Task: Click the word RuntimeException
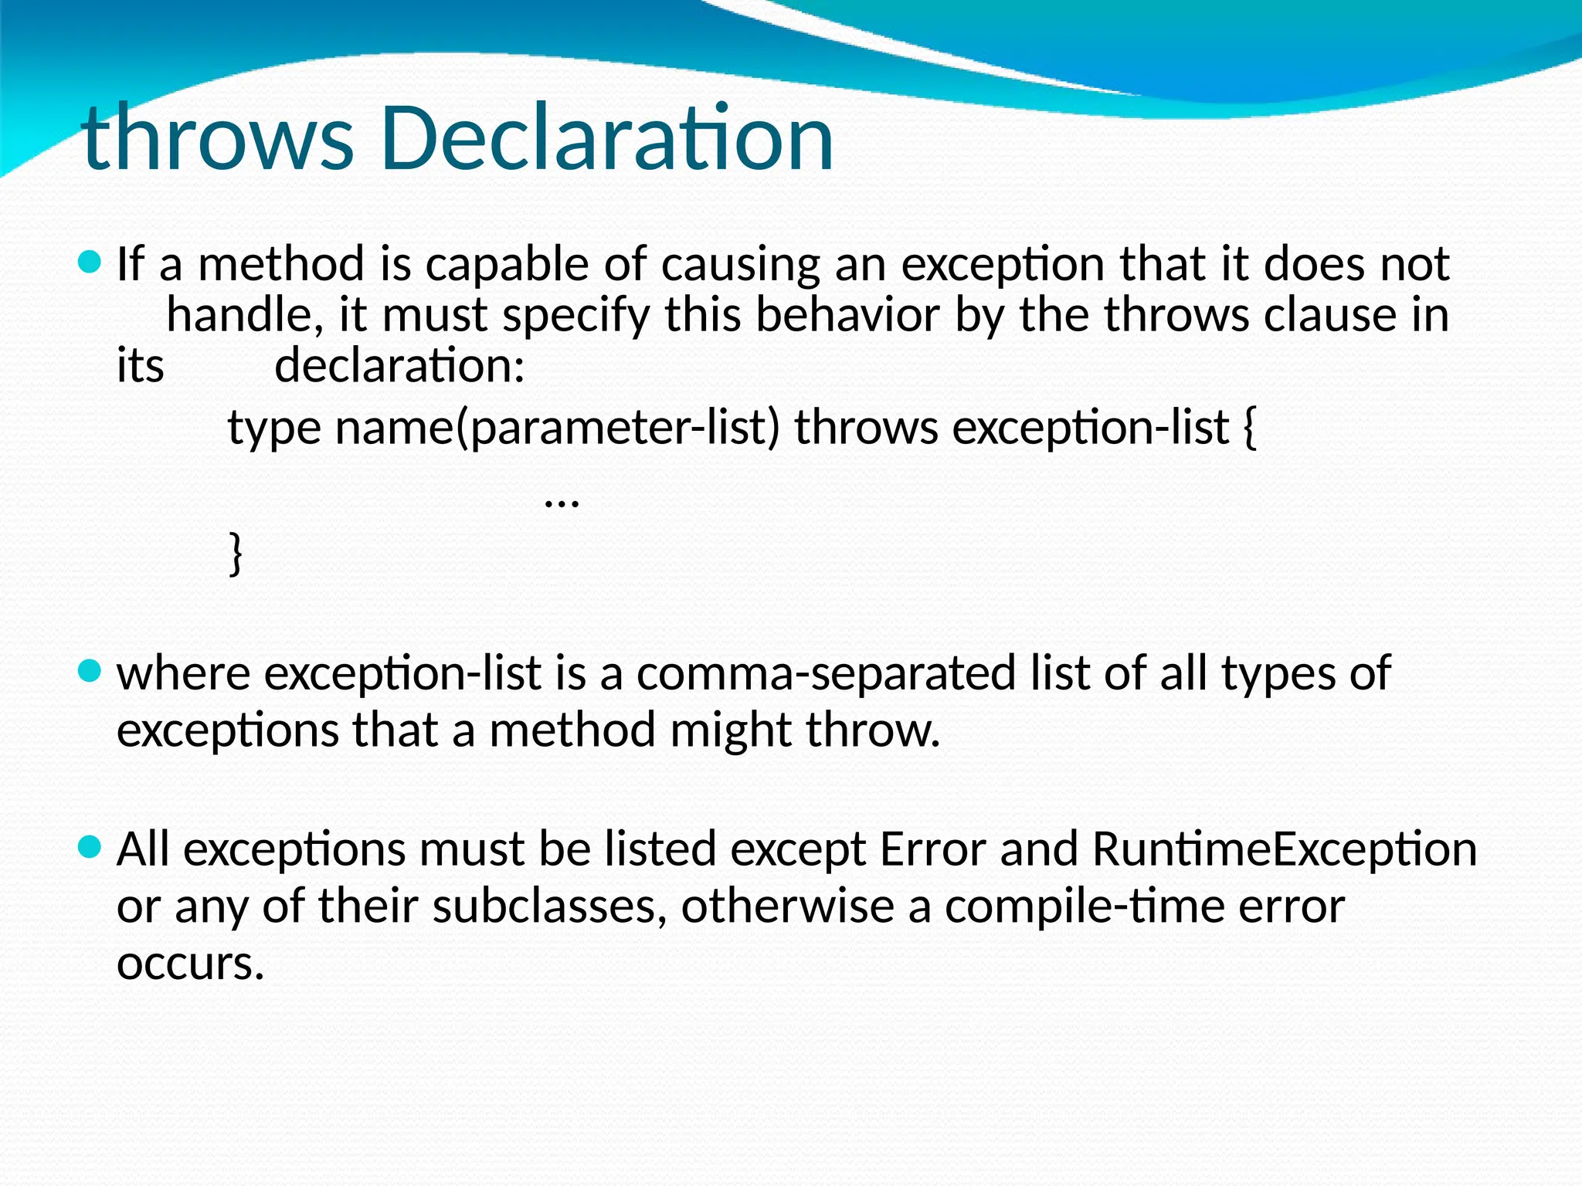1284,849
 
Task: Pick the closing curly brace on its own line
236,553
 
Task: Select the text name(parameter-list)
557,429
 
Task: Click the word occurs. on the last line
190,964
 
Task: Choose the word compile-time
1084,907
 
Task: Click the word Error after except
932,849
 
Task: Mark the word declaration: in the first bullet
399,365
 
